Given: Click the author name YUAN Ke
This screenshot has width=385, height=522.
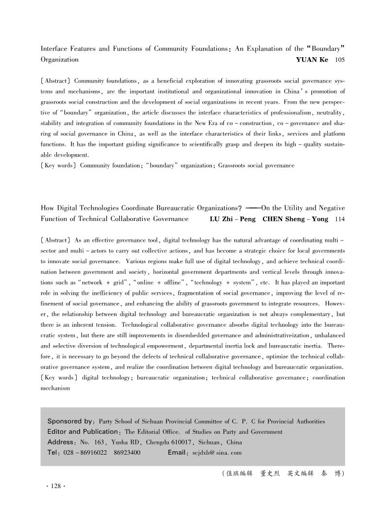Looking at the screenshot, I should point(312,60).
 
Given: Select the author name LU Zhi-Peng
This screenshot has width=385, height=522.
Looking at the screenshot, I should point(232,219).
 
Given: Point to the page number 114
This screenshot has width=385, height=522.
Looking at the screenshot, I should point(340,219).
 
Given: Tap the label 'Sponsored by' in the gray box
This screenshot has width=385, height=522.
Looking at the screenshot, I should point(70,421).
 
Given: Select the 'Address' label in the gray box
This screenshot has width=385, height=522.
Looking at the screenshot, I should point(62,442).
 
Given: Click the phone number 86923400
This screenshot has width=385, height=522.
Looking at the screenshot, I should point(127,453).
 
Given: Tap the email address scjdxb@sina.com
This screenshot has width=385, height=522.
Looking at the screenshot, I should point(214,453).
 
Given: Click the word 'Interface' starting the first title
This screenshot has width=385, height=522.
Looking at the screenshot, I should point(54,49).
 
